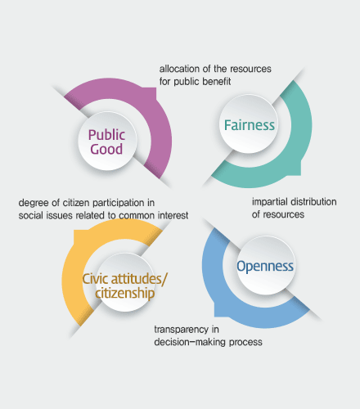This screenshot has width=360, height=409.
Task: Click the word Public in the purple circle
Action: (106, 135)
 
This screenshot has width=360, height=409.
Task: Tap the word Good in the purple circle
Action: (106, 149)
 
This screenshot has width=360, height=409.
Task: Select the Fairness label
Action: (250, 125)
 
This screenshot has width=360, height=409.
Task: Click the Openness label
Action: (265, 266)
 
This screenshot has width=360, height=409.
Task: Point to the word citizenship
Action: (125, 293)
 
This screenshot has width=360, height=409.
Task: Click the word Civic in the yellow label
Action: (96, 279)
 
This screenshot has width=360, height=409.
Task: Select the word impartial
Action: (269, 202)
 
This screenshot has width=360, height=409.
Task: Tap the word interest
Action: (173, 215)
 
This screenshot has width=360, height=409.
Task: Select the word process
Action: (245, 343)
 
